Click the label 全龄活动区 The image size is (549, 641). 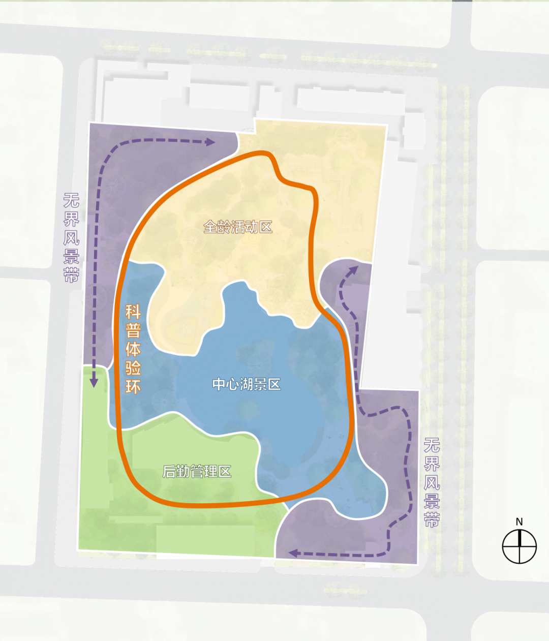238,227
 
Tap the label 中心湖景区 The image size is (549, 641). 247,384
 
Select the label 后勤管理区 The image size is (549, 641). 197,472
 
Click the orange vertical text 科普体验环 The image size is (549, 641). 133,349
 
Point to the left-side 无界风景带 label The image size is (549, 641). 71,237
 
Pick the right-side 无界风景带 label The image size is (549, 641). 432,482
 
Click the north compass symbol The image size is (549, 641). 519,546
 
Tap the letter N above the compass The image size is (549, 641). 519,522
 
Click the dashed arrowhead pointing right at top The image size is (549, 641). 210,142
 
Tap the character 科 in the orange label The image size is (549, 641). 133,311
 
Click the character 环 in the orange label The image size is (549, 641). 133,386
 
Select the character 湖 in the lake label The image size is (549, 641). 247,384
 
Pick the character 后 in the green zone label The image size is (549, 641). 169,472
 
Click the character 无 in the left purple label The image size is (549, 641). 71,200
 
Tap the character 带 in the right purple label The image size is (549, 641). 432,520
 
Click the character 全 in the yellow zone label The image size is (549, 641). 210,227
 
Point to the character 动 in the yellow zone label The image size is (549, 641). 252,227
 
